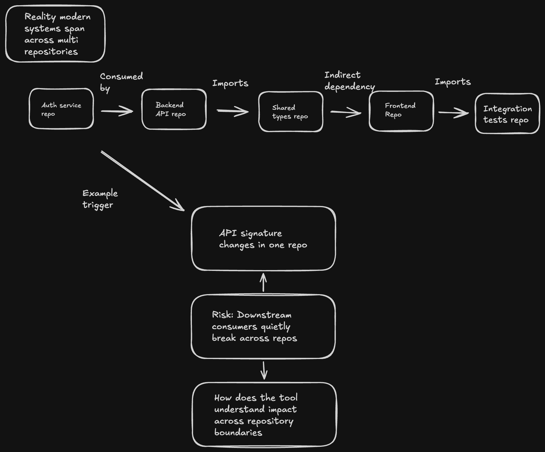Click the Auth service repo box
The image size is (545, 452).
pyautogui.click(x=61, y=109)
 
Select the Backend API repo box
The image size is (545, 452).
pyautogui.click(x=174, y=109)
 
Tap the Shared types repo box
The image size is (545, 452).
pyautogui.click(x=291, y=112)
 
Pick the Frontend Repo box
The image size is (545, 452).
pyautogui.click(x=401, y=111)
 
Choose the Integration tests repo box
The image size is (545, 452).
pyautogui.click(x=507, y=114)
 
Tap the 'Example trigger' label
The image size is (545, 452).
pyautogui.click(x=100, y=199)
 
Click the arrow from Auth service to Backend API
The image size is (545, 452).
pyautogui.click(x=117, y=111)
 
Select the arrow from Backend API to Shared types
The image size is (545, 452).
pyautogui.click(x=233, y=111)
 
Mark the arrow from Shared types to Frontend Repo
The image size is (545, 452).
pyautogui.click(x=346, y=112)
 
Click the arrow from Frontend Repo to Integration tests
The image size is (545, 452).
pyautogui.click(x=453, y=112)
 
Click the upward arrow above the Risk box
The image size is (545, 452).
pyautogui.click(x=263, y=282)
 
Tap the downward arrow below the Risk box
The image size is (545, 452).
pyautogui.click(x=264, y=370)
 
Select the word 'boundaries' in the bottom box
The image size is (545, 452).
pyautogui.click(x=238, y=433)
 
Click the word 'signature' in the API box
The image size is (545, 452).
pyautogui.click(x=261, y=234)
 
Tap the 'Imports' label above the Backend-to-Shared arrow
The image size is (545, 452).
pyautogui.click(x=230, y=83)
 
